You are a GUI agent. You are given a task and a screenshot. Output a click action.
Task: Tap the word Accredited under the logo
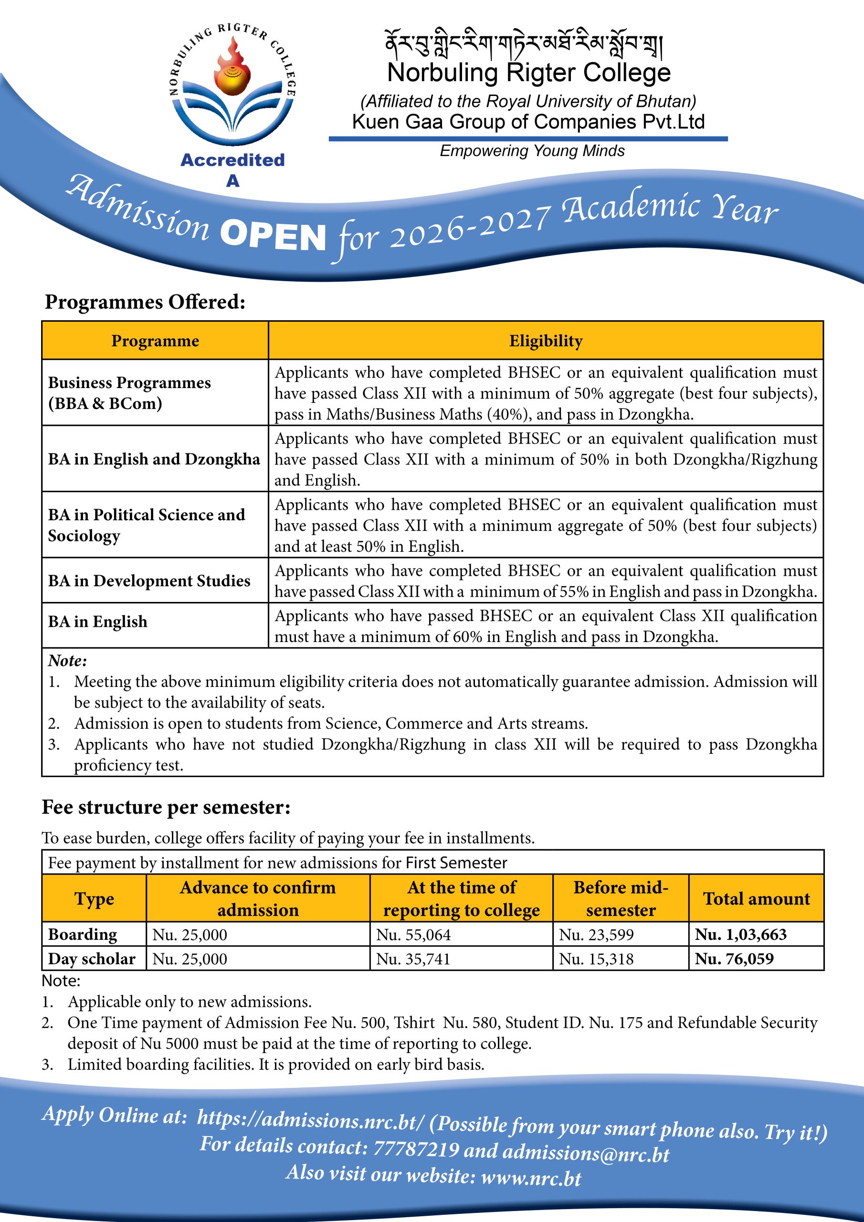[232, 159]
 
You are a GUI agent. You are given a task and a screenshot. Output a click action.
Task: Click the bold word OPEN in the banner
[273, 237]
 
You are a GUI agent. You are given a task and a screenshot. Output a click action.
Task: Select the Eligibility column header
[546, 341]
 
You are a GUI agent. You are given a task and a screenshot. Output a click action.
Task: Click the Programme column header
[155, 341]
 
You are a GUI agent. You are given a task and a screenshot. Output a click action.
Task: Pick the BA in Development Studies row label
[149, 580]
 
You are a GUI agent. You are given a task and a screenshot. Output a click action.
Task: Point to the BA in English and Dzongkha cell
[154, 459]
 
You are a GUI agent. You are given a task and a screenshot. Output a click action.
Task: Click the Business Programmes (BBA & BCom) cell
[129, 393]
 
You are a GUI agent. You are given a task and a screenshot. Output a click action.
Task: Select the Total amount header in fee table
[756, 898]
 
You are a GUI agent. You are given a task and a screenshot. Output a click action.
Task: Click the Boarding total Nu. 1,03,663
[740, 935]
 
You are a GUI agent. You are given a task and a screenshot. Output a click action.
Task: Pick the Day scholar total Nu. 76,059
[734, 959]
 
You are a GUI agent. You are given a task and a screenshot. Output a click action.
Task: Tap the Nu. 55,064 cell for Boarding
[413, 935]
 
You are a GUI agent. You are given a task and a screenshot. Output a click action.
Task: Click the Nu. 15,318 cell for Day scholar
[596, 959]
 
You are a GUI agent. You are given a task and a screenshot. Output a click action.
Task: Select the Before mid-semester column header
[621, 898]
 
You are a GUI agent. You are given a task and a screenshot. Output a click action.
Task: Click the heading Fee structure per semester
[166, 807]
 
